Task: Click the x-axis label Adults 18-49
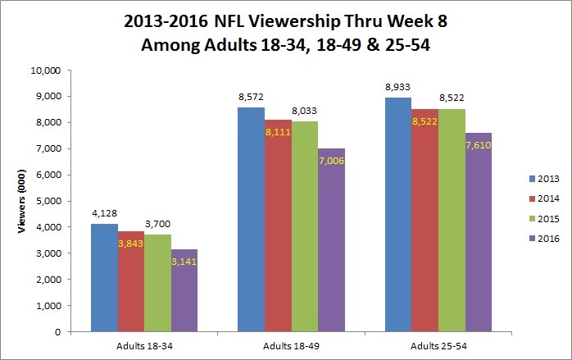click(275, 345)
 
